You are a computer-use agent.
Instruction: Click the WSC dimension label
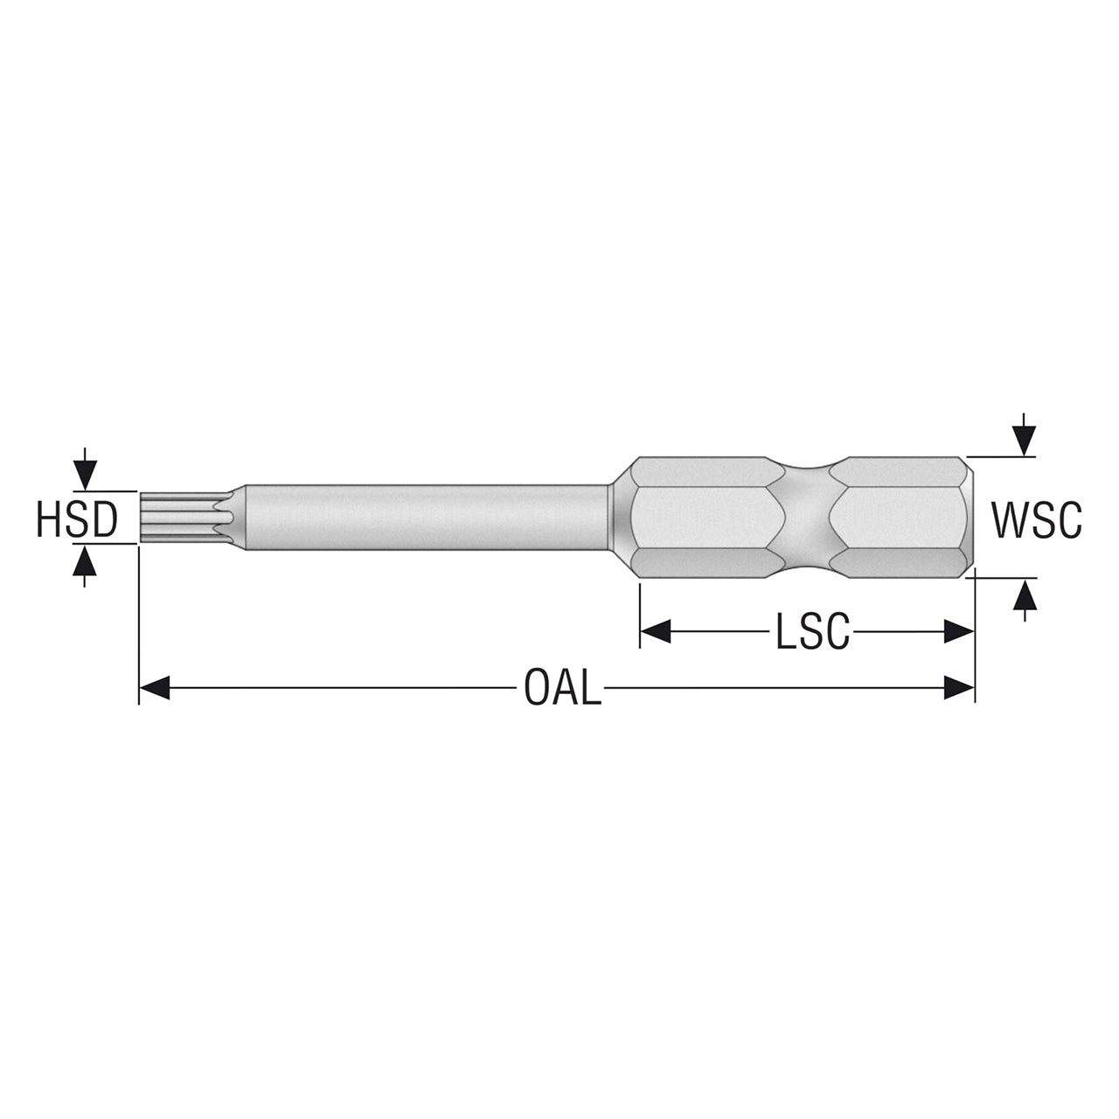pos(1036,519)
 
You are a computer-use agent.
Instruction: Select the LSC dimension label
pos(812,630)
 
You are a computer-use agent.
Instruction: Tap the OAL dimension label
pos(562,687)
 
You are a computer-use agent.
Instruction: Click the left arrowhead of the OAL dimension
pos(155,687)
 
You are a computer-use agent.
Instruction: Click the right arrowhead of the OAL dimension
pos(959,687)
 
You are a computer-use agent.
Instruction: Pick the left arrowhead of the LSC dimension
pos(656,631)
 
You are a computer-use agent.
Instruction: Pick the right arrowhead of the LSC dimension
pos(959,631)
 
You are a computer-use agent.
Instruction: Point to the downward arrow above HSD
pos(86,469)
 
